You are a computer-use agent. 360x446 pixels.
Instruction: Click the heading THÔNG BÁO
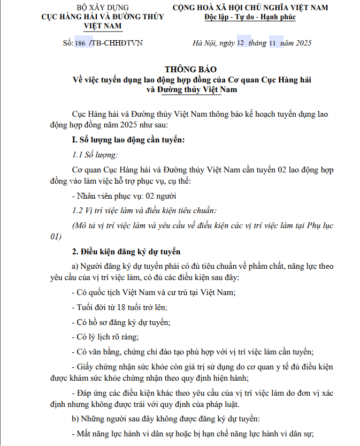tap(192, 70)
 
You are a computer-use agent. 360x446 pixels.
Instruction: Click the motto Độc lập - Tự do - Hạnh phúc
tap(250, 17)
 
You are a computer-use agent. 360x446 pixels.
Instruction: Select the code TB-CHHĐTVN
tap(118, 43)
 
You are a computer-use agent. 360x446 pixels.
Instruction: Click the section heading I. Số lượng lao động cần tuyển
tap(128, 140)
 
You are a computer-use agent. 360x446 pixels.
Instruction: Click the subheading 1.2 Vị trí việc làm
tap(144, 210)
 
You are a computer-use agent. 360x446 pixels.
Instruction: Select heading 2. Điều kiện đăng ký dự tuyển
tap(126, 251)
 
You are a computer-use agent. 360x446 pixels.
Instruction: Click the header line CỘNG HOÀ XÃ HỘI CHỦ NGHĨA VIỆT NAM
tap(250, 7)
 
